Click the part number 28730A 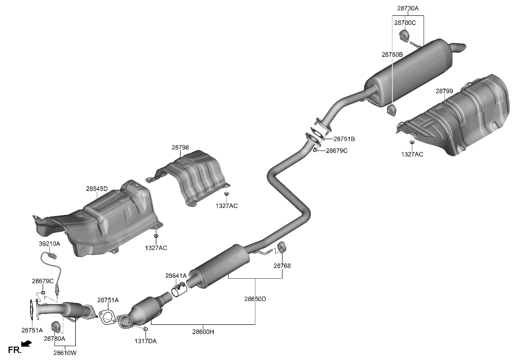point(407,8)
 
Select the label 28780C point(405,23)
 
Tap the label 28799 point(444,91)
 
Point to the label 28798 point(180,148)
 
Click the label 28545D point(96,189)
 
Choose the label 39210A point(49,244)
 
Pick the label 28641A point(176,275)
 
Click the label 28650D point(255,299)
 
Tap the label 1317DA point(146,341)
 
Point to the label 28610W point(65,353)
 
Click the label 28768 point(282,266)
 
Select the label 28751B point(344,139)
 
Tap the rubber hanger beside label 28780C point(403,36)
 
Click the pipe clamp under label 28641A point(179,290)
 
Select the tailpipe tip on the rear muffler point(460,49)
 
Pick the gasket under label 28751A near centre point(107,317)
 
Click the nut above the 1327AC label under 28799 point(412,143)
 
